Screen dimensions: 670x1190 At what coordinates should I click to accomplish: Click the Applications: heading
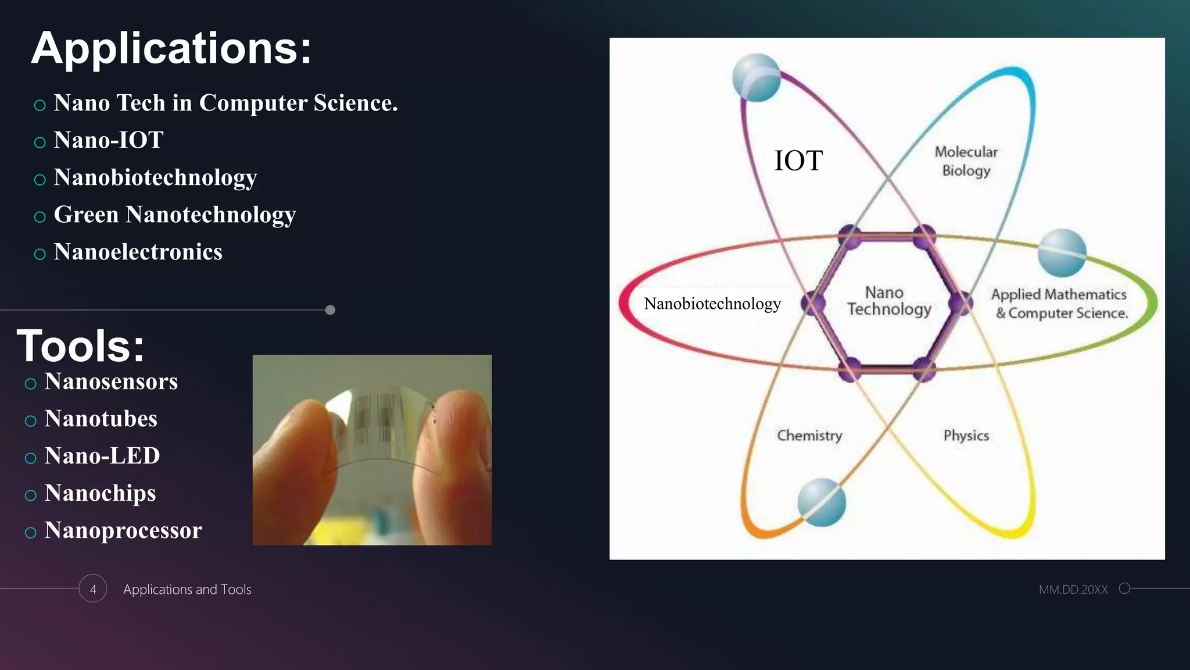pos(171,49)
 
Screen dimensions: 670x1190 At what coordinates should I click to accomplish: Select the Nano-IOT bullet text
pos(109,140)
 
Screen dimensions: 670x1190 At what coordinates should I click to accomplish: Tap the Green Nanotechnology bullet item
pos(174,215)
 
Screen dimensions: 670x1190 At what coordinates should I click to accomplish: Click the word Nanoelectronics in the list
pos(138,252)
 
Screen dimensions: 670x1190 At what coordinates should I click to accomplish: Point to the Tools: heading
pos(80,346)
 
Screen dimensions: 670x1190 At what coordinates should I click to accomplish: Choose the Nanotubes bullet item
pos(101,419)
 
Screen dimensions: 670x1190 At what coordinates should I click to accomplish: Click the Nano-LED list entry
pos(102,456)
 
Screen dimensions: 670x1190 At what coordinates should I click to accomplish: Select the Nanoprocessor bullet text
pos(123,530)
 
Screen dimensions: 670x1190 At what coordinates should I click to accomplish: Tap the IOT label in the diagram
pos(798,161)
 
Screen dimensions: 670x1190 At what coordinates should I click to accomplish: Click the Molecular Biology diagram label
pos(966,161)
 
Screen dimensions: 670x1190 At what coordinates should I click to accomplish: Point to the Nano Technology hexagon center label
pos(888,301)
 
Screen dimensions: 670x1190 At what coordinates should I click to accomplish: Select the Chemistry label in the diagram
pos(809,436)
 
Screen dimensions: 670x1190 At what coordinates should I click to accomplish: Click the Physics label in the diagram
pos(966,436)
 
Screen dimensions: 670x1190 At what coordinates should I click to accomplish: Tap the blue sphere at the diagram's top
pos(756,78)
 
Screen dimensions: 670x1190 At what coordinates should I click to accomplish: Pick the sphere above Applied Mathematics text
pos(1062,252)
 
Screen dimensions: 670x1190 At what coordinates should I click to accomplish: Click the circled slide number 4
pos(93,589)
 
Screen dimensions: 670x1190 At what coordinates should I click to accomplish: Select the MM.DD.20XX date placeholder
pos(1073,589)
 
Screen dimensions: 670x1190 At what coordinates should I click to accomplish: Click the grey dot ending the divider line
pos(330,310)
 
